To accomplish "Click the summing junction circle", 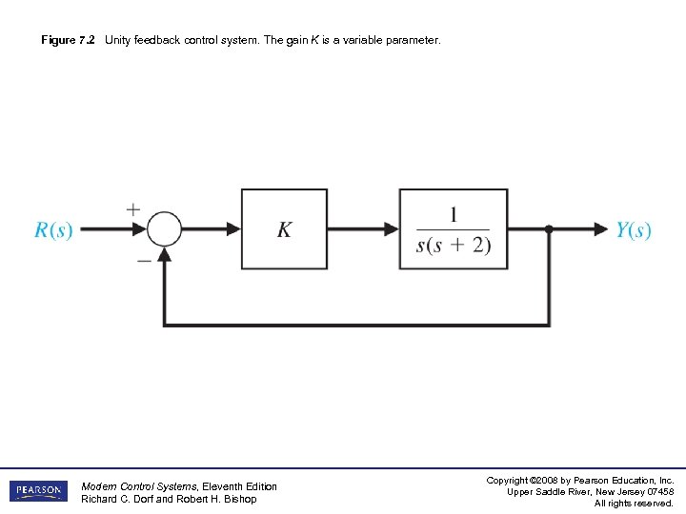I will pyautogui.click(x=164, y=229).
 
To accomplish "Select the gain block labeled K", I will pyautogui.click(x=284, y=229).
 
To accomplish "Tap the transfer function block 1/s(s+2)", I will pyautogui.click(x=453, y=229).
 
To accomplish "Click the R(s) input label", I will pyautogui.click(x=53, y=230).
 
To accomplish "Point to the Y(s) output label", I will pyautogui.click(x=634, y=230).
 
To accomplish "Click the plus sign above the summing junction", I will pyautogui.click(x=132, y=208).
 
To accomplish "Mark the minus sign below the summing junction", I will pyautogui.click(x=143, y=260).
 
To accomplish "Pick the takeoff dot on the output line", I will pyautogui.click(x=549, y=229).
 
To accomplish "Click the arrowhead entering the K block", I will pyautogui.click(x=233, y=229).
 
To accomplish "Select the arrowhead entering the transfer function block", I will pyautogui.click(x=391, y=229).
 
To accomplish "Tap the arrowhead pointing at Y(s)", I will pyautogui.click(x=600, y=229).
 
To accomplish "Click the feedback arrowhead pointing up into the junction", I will pyautogui.click(x=164, y=254).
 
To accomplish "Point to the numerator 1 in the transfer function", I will pyautogui.click(x=454, y=214).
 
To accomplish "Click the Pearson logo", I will pyautogui.click(x=38, y=491).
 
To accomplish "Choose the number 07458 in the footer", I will pyautogui.click(x=658, y=491).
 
